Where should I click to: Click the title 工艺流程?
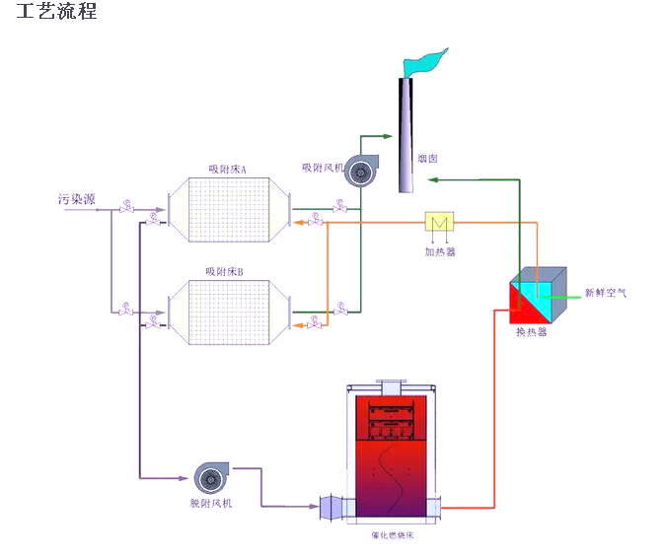[x=56, y=13]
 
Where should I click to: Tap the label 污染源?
[x=76, y=199]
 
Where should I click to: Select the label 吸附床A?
[x=227, y=170]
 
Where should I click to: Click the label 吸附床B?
[x=225, y=271]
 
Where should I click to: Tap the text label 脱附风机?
[x=211, y=503]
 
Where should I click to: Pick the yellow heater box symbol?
[x=438, y=222]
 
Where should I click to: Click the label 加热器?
[x=440, y=250]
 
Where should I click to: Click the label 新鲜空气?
[x=604, y=293]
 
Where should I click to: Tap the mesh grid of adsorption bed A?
[x=230, y=210]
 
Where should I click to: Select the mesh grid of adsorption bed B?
[x=230, y=311]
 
